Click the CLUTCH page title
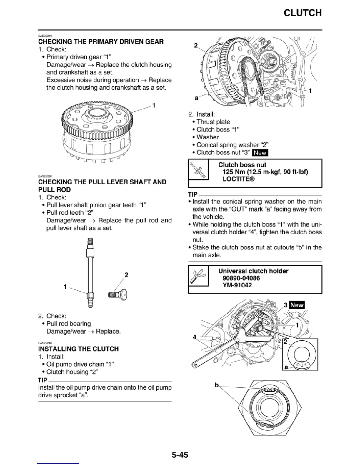click(x=302, y=13)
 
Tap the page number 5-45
click(x=180, y=455)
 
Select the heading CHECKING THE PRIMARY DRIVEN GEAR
click(x=101, y=42)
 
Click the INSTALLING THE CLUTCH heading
click(x=78, y=349)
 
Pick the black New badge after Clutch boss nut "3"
click(x=260, y=153)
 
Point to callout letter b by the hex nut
click(x=217, y=385)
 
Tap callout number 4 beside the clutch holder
click(x=194, y=337)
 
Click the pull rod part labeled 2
click(x=118, y=294)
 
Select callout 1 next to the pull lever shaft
click(x=65, y=287)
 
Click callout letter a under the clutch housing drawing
click(x=196, y=98)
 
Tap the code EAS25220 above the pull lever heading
click(x=45, y=176)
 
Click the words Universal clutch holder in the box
click(x=253, y=271)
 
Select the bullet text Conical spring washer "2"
click(x=232, y=145)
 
